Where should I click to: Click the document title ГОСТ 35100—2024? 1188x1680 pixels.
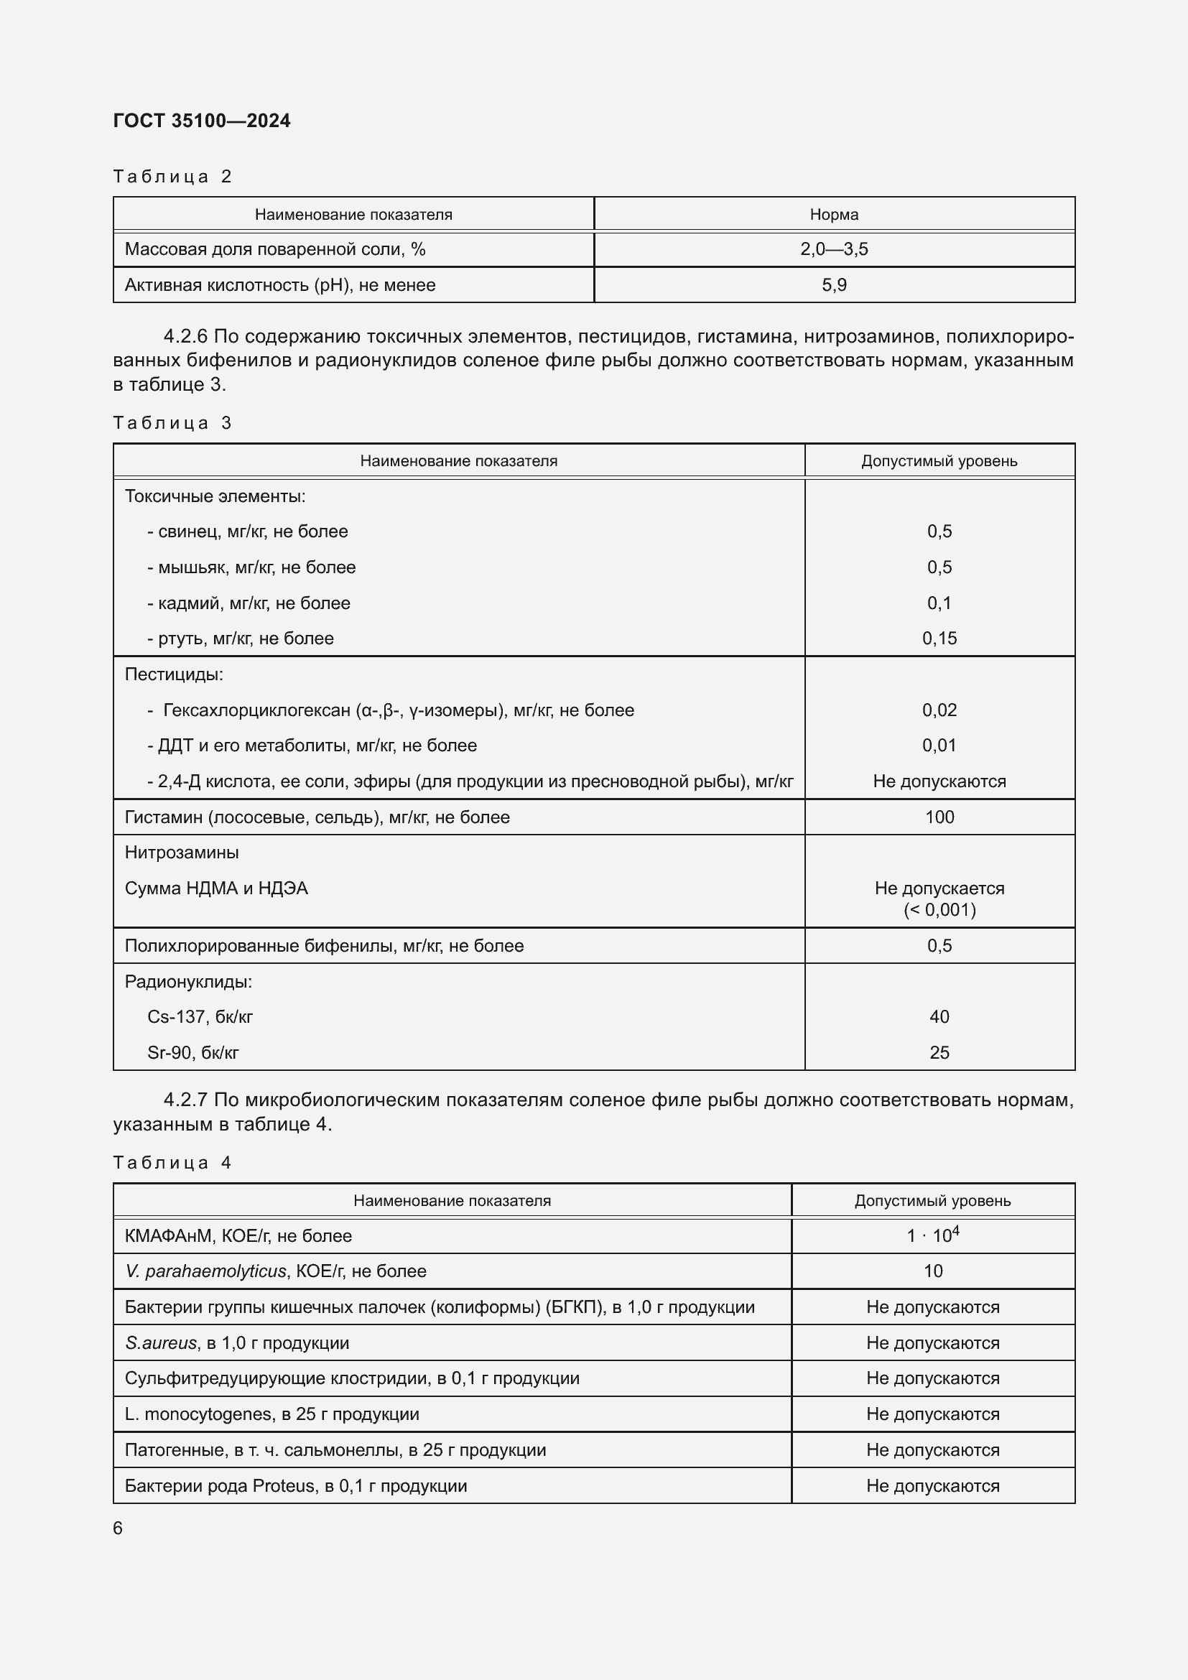click(202, 121)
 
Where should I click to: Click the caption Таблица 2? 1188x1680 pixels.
click(172, 177)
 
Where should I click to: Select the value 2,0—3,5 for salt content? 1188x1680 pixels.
click(834, 249)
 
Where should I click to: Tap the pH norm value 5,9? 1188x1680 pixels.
click(834, 285)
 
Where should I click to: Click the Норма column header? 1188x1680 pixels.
click(834, 214)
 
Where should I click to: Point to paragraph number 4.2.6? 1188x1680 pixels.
click(186, 337)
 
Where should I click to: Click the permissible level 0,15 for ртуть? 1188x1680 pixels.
click(939, 639)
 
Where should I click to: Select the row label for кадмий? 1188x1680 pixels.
click(249, 603)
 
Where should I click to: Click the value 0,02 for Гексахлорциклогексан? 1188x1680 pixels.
click(939, 710)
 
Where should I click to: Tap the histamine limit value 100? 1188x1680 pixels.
click(939, 817)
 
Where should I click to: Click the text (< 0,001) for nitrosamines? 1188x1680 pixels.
click(939, 910)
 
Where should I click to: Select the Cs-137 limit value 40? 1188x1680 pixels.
click(939, 1017)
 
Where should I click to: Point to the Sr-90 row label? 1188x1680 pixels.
click(193, 1053)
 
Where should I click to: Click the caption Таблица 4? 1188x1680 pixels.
click(172, 1163)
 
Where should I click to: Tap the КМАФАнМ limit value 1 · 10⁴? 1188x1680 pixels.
click(933, 1236)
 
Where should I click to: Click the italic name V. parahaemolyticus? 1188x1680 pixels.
click(205, 1272)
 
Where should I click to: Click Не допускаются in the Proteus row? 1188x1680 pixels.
click(933, 1486)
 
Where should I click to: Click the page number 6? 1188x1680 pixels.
click(118, 1528)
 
